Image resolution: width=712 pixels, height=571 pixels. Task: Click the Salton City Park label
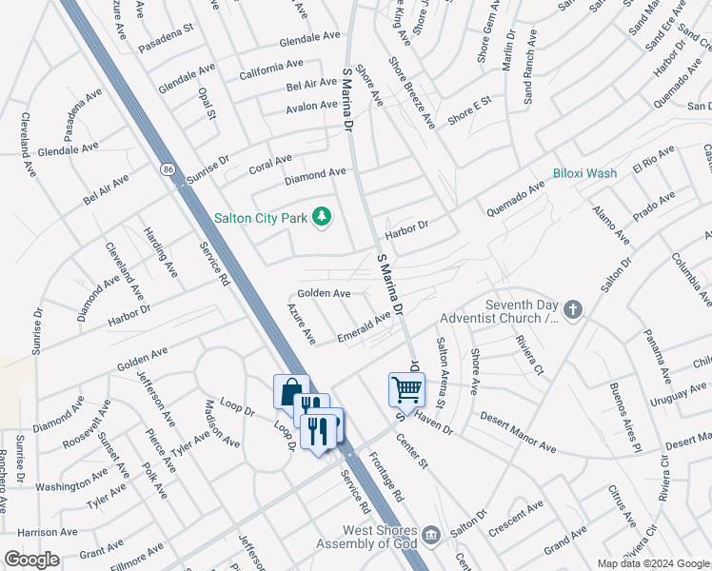[x=260, y=218]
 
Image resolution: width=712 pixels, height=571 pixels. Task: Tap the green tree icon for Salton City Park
[x=322, y=217]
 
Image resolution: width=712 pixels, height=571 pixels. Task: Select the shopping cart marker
[x=406, y=388]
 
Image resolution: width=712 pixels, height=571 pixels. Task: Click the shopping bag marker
[x=290, y=391]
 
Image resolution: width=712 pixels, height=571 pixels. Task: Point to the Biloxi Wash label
[x=585, y=173]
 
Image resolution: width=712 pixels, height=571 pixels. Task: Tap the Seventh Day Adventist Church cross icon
[x=572, y=309]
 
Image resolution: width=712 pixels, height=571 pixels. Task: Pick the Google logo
[x=31, y=559]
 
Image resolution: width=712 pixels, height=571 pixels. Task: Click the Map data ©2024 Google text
[x=652, y=563]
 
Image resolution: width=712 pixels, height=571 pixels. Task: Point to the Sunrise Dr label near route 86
[x=208, y=167]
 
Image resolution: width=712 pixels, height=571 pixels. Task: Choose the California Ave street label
[x=271, y=69]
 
